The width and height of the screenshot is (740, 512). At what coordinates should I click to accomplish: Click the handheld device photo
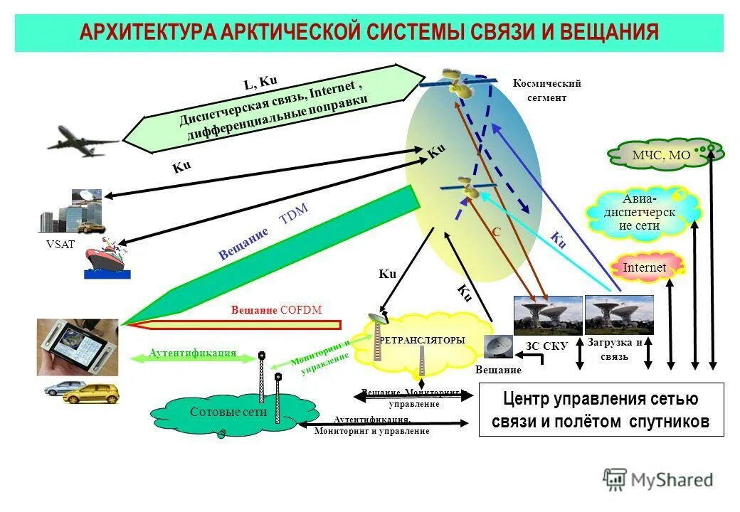click(78, 346)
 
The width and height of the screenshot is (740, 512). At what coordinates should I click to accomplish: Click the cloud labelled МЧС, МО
click(662, 154)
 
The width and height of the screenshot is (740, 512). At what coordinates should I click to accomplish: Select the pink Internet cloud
click(646, 267)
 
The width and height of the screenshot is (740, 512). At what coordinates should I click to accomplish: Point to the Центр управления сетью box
click(601, 410)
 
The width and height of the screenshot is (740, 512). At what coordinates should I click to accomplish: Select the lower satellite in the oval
click(468, 187)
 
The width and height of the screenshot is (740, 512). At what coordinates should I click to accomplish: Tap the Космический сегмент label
click(547, 90)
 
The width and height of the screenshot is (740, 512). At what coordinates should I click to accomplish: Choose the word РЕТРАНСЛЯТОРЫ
click(423, 340)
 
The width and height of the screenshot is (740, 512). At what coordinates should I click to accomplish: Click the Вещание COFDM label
click(277, 310)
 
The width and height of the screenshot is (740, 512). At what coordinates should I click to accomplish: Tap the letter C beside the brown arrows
click(497, 232)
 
